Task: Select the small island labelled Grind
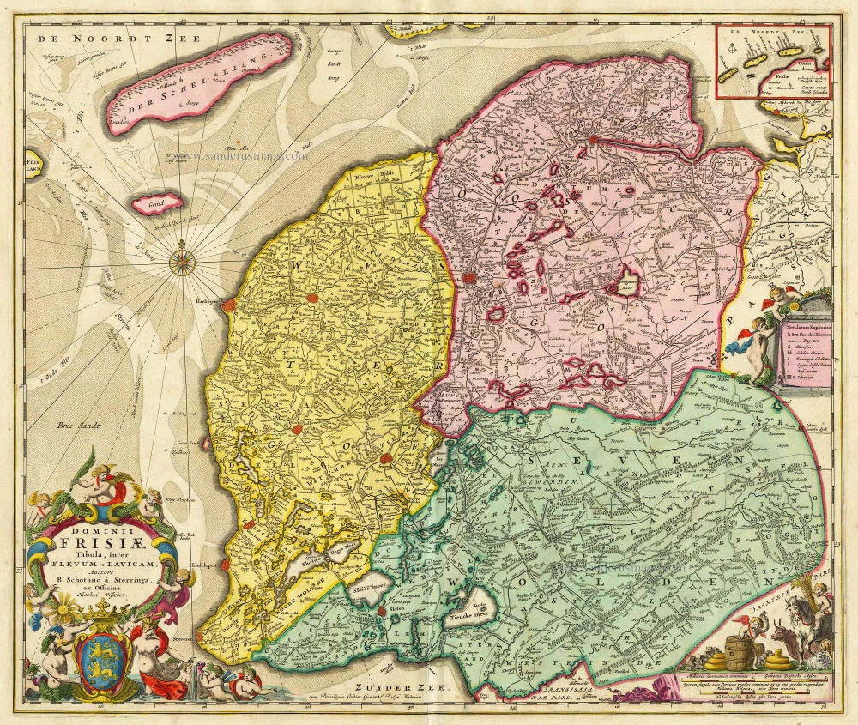point(157,203)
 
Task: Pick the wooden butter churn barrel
point(740,651)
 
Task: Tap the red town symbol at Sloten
point(380,611)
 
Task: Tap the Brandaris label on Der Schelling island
point(124,122)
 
